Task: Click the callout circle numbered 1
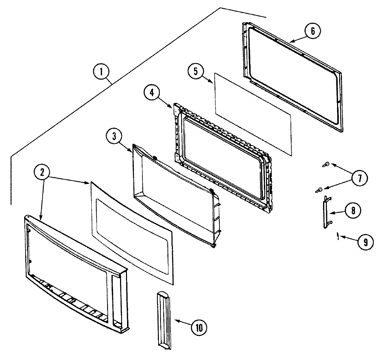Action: click(101, 72)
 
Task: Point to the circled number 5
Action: click(196, 71)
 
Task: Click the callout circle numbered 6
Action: click(312, 31)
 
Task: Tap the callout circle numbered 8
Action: click(353, 211)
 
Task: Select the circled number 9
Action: click(366, 242)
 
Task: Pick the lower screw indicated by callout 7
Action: click(318, 190)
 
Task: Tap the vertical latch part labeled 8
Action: click(326, 212)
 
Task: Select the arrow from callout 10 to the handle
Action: click(182, 324)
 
